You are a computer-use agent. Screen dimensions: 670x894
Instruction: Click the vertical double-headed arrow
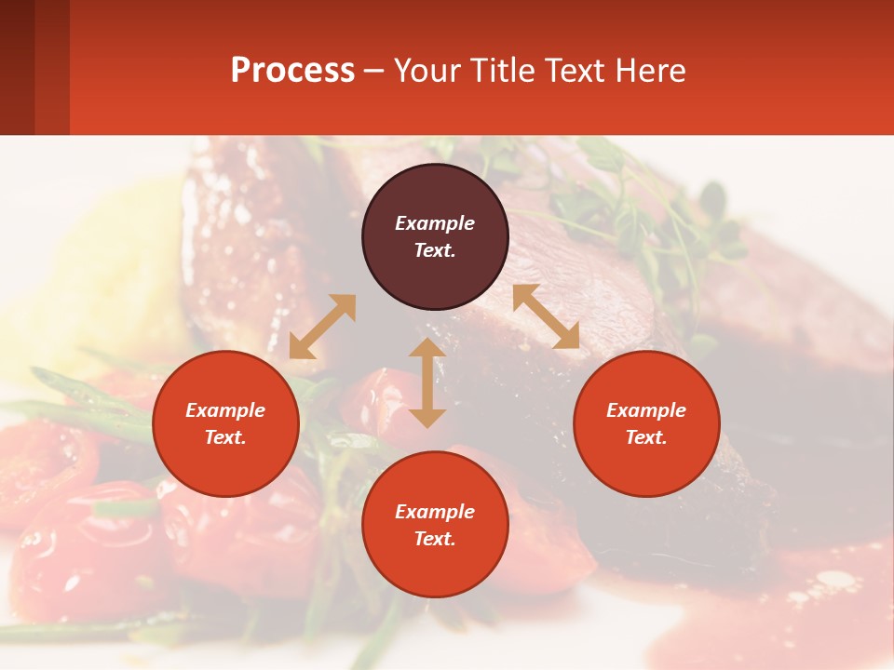427,382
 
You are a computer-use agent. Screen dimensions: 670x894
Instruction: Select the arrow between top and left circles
322,327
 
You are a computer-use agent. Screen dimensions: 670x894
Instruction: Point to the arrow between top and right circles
546,316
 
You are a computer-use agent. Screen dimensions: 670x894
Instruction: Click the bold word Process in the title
292,71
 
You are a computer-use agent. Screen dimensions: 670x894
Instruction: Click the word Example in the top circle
435,223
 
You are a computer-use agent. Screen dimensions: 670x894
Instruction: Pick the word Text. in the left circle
225,437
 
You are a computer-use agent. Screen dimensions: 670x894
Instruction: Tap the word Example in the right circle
646,410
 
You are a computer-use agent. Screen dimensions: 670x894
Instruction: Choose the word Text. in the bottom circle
435,539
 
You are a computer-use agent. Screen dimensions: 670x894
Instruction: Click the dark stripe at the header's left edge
17,67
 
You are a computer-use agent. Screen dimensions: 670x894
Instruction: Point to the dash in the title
373,71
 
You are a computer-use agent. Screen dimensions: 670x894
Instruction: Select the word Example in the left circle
225,410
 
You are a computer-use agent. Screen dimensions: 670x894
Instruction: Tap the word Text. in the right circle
646,437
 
